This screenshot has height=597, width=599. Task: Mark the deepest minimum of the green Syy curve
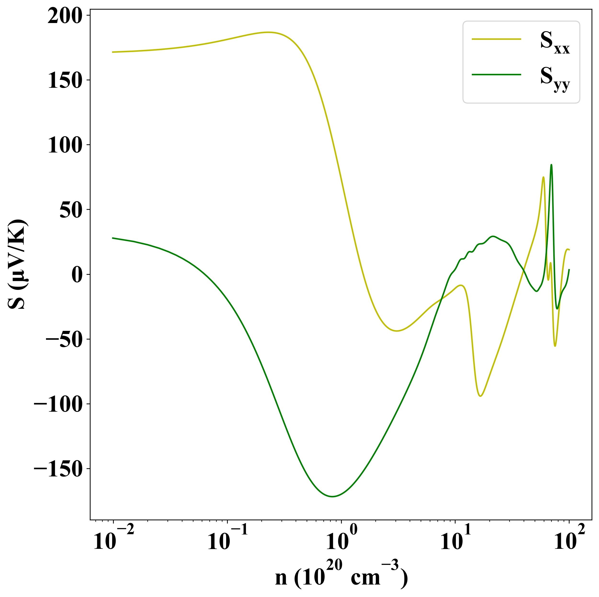pos(332,497)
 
